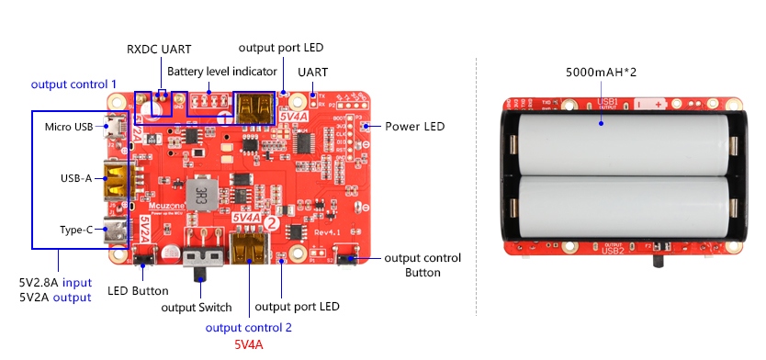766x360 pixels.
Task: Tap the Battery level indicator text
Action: pos(221,71)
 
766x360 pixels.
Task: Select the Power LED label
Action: pos(414,126)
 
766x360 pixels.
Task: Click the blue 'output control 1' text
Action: pos(73,84)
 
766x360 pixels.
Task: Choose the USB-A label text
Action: pos(74,178)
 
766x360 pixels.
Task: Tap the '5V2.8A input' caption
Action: pos(55,281)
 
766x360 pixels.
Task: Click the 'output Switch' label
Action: pos(197,307)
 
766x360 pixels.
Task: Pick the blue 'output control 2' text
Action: pos(248,327)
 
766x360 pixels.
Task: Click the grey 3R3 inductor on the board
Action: pos(197,194)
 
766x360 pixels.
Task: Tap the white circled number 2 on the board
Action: pos(271,221)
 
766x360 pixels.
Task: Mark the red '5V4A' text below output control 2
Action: pos(248,344)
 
